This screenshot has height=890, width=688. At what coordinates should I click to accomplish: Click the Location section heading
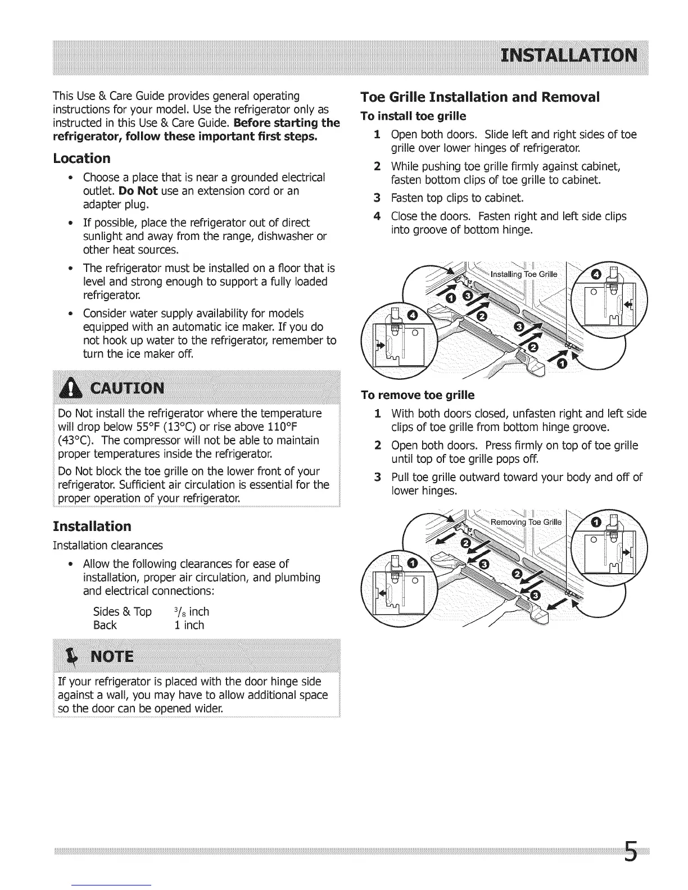click(x=82, y=158)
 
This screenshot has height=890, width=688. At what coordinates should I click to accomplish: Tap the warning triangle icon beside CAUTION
click(x=73, y=389)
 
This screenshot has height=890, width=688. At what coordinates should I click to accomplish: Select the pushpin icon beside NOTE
click(x=72, y=656)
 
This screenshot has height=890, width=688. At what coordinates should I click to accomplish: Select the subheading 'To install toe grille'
click(x=413, y=116)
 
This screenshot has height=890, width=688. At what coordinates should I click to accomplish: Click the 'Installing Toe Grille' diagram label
click(x=524, y=274)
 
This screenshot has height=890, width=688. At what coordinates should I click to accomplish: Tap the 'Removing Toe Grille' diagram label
click(x=526, y=522)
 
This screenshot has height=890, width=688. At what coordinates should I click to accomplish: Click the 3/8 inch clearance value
click(x=192, y=611)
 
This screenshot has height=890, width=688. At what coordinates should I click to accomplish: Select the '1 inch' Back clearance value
click(x=189, y=625)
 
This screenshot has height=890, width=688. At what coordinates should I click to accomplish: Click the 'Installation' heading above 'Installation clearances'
click(x=92, y=526)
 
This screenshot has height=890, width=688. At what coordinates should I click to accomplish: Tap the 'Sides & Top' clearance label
click(x=122, y=611)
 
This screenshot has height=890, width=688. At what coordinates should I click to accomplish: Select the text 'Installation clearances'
click(x=107, y=546)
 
